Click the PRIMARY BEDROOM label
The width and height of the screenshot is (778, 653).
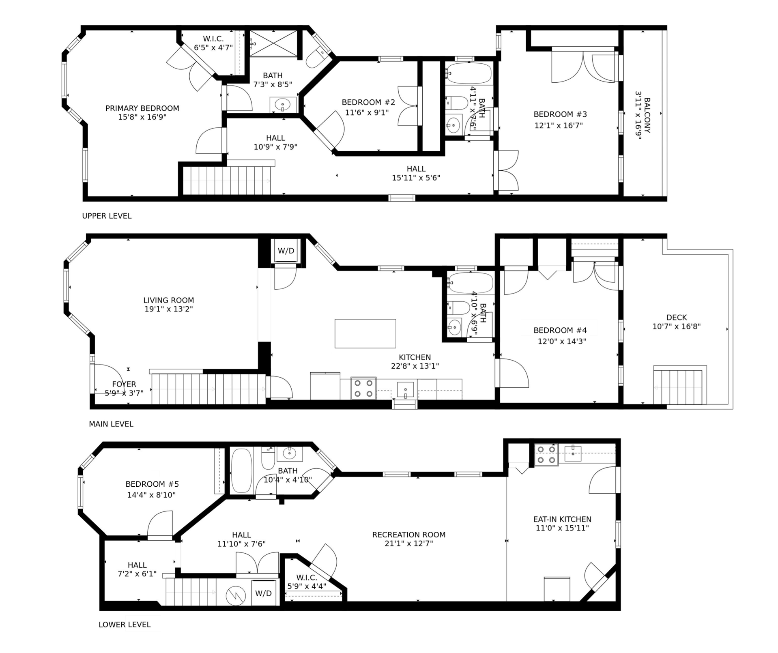coord(142,108)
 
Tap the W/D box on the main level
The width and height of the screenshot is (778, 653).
coord(286,251)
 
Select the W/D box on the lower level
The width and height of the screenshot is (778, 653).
coord(264,593)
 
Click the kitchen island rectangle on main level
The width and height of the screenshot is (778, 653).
coord(365,333)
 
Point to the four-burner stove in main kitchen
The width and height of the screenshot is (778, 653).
coord(363,388)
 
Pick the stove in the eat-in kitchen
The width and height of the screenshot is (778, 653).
coord(546,455)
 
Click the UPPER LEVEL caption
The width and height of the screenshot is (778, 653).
coord(107,216)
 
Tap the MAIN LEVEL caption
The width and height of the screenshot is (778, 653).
coord(111,424)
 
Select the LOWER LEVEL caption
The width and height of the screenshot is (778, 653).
coord(125,625)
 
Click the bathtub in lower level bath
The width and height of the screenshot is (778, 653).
coord(241,470)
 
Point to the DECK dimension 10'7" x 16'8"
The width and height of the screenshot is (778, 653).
coord(677,326)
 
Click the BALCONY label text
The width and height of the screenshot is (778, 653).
coord(647,115)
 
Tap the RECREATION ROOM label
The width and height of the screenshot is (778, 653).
coord(409,535)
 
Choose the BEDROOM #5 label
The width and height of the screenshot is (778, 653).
coord(152,484)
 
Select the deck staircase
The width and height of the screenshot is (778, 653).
coord(680,385)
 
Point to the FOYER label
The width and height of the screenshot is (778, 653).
coord(124,384)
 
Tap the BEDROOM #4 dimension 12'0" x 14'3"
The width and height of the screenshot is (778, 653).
coord(562,342)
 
